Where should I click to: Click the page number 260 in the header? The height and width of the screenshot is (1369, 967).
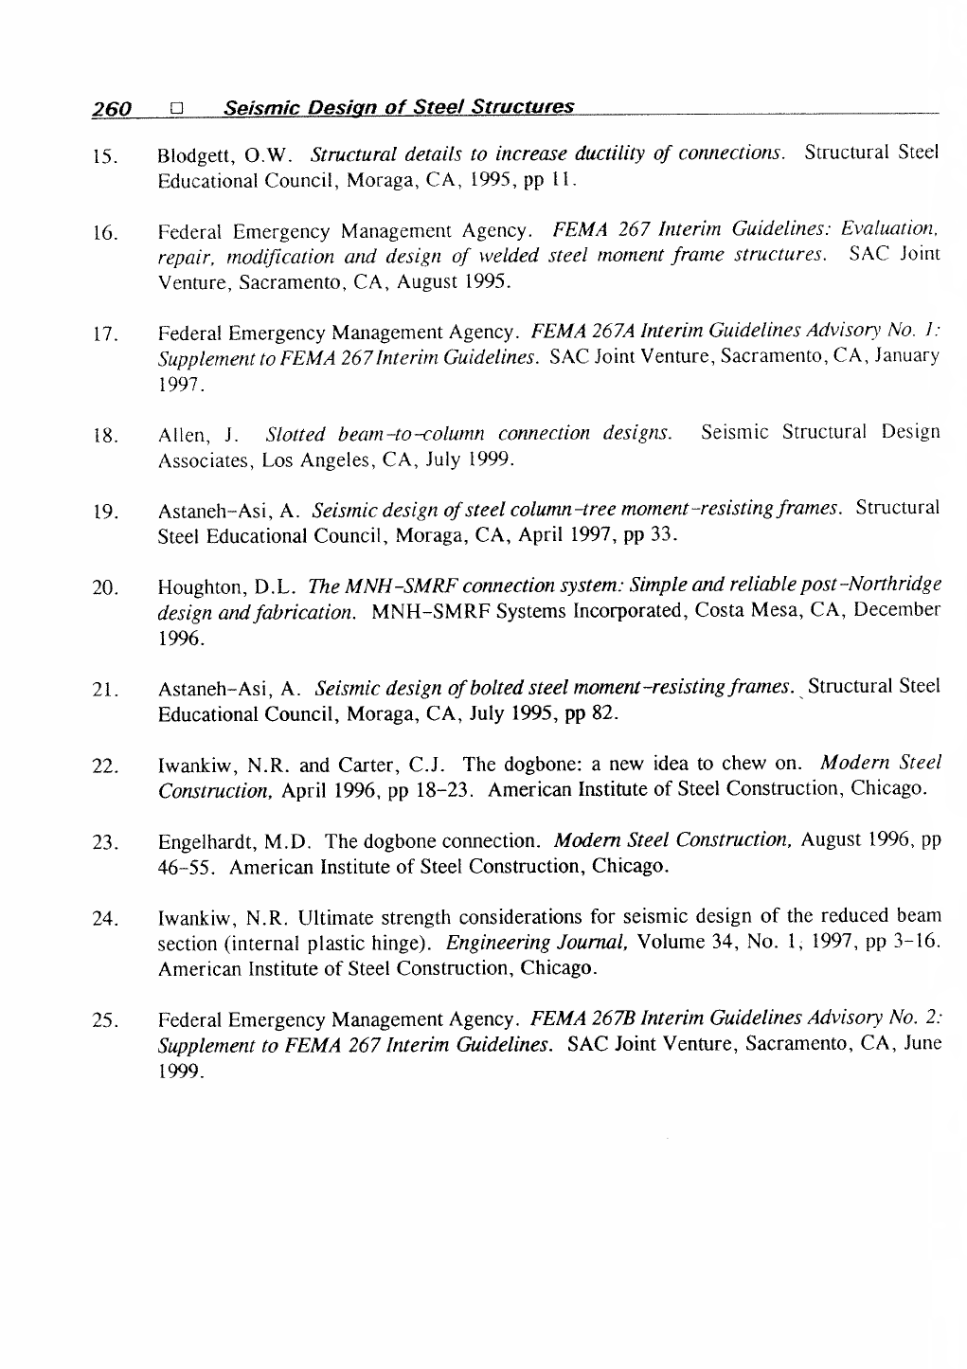111,110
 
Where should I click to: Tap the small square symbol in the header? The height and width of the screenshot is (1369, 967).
176,110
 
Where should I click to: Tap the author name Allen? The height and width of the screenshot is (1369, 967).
183,436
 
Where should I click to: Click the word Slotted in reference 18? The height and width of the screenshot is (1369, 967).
296,435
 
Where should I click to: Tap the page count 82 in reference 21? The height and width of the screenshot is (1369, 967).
603,712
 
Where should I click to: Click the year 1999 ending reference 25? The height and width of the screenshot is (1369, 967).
178,1072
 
